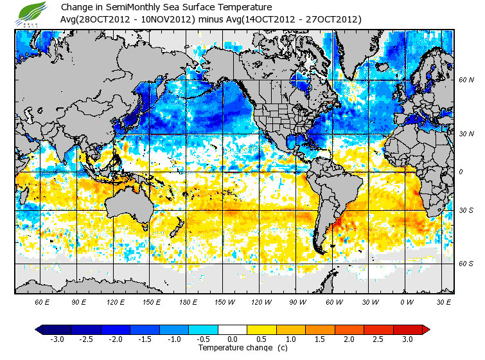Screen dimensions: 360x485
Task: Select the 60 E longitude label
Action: tap(42, 301)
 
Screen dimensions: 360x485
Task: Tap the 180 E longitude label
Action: tap(188, 301)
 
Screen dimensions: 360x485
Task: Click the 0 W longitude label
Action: tap(407, 301)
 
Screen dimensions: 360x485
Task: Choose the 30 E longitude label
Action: tap(443, 301)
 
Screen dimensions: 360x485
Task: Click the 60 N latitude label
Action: tap(466, 80)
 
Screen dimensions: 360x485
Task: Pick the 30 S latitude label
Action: tap(466, 210)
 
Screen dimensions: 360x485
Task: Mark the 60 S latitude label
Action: tap(466, 264)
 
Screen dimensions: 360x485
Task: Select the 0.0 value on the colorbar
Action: tap(233, 339)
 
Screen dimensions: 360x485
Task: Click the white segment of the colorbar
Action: tap(233, 330)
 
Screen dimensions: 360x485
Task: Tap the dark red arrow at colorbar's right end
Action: tap(425, 330)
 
